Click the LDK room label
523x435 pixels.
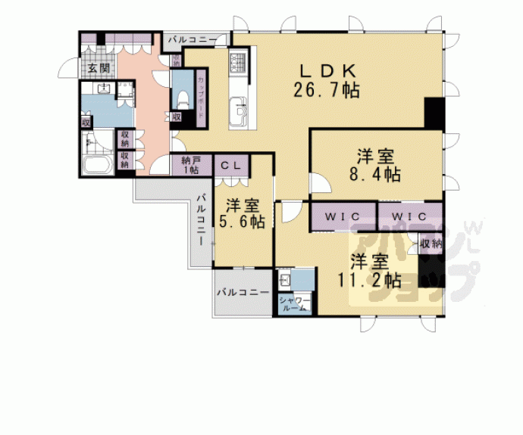tap(327, 70)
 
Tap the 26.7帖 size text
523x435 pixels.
tap(327, 89)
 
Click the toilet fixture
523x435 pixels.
tap(182, 98)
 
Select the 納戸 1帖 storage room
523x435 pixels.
tap(190, 165)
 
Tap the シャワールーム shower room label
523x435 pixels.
tap(293, 304)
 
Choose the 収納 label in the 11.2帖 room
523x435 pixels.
tap(431, 244)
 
